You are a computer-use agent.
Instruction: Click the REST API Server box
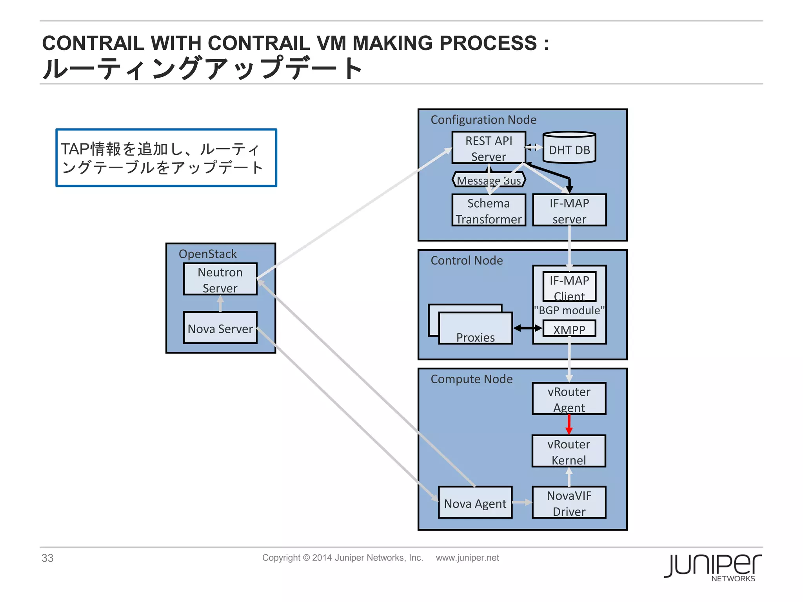pyautogui.click(x=488, y=148)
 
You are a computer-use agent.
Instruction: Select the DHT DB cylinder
pyautogui.click(x=569, y=149)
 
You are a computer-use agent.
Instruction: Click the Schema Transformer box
pyautogui.click(x=488, y=210)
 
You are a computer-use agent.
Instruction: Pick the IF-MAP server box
pyautogui.click(x=569, y=210)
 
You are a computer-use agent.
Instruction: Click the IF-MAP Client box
pyautogui.click(x=569, y=286)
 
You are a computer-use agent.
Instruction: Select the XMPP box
pyautogui.click(x=569, y=329)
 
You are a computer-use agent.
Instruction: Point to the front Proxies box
pyautogui.click(x=475, y=329)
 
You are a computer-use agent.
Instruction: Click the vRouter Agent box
pyautogui.click(x=569, y=399)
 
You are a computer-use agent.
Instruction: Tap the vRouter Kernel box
pyautogui.click(x=569, y=451)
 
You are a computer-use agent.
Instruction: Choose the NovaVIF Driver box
pyautogui.click(x=569, y=503)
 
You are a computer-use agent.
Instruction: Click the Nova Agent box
pyautogui.click(x=475, y=503)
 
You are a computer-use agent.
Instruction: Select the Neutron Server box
pyautogui.click(x=220, y=279)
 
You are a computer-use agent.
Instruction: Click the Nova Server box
pyautogui.click(x=220, y=328)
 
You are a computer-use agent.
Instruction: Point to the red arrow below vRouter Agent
pyautogui.click(x=569, y=424)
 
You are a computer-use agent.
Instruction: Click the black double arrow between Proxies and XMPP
pyautogui.click(x=527, y=328)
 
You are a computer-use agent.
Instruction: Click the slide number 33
pyautogui.click(x=47, y=558)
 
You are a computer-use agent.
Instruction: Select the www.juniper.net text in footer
pyautogui.click(x=467, y=558)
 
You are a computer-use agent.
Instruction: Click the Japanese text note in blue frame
pyautogui.click(x=166, y=158)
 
